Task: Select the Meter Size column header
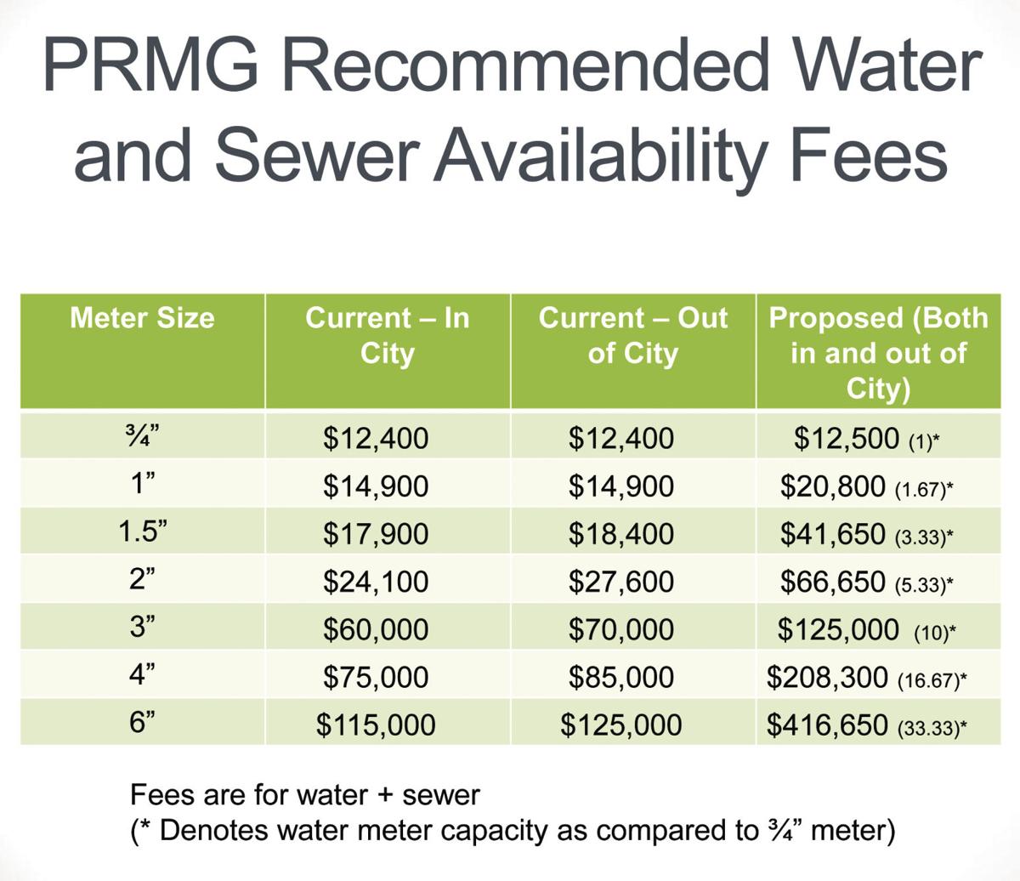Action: [142, 318]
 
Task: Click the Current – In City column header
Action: [387, 335]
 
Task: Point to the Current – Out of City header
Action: [632, 335]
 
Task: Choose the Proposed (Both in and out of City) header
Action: [878, 352]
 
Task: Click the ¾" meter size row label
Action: [142, 438]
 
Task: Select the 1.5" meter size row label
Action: [142, 533]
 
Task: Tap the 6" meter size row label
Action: [142, 724]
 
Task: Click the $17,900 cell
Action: [376, 534]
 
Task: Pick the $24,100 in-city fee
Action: [376, 582]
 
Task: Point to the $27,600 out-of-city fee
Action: [620, 582]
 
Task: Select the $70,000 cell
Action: [620, 629]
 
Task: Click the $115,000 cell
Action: [376, 725]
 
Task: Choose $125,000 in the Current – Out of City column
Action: [620, 725]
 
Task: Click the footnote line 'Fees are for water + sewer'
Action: [305, 795]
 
